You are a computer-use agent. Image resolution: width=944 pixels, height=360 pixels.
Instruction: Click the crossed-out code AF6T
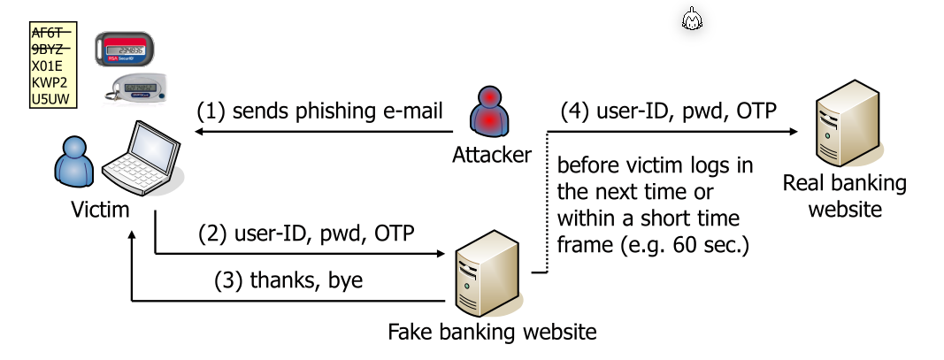[x=50, y=33]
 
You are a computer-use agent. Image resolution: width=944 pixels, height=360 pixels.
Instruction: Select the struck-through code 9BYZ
[x=50, y=50]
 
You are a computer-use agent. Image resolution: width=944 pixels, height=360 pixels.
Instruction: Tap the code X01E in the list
[x=50, y=66]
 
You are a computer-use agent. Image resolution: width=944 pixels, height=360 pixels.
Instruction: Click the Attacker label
[x=492, y=155]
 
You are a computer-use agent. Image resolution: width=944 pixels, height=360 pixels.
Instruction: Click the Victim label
[x=101, y=210]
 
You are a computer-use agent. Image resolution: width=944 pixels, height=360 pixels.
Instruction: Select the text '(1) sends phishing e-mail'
[x=319, y=111]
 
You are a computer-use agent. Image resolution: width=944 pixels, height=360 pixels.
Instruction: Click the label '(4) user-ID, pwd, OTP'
[x=669, y=111]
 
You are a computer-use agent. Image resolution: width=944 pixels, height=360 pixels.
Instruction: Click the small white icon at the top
[x=693, y=19]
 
